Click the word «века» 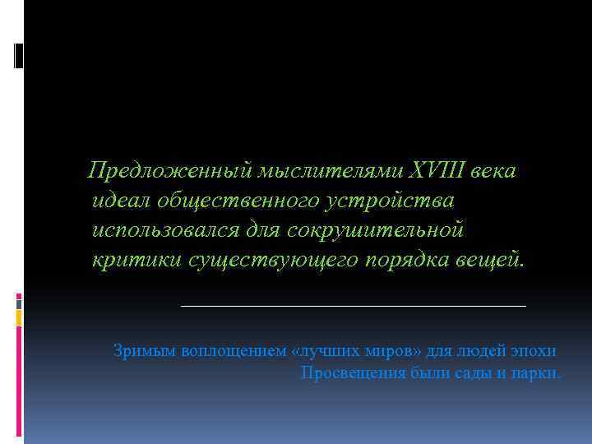[x=493, y=172]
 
